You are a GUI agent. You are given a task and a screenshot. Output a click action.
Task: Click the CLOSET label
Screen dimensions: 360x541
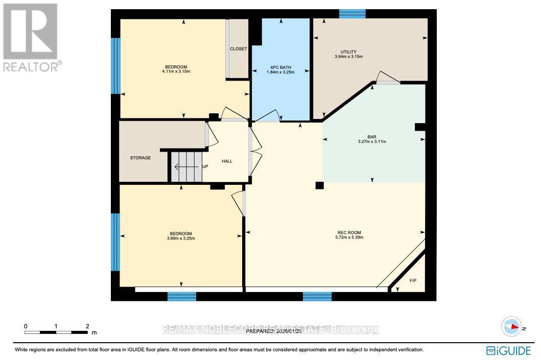(238, 49)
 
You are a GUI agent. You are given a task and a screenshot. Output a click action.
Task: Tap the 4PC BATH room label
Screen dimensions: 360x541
(280, 67)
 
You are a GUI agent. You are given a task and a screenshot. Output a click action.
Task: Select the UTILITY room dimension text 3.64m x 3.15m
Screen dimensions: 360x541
(348, 57)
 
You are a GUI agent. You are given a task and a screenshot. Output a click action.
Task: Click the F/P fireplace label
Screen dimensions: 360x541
(413, 281)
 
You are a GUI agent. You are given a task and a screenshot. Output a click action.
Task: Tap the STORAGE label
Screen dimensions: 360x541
(140, 158)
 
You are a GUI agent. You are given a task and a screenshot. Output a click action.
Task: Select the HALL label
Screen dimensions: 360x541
(227, 161)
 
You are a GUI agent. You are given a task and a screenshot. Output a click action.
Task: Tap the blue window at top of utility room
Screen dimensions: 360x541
(352, 14)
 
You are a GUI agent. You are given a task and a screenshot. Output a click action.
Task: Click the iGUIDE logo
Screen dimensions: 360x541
(510, 350)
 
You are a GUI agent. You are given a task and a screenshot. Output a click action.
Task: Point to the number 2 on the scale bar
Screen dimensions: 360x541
(87, 326)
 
